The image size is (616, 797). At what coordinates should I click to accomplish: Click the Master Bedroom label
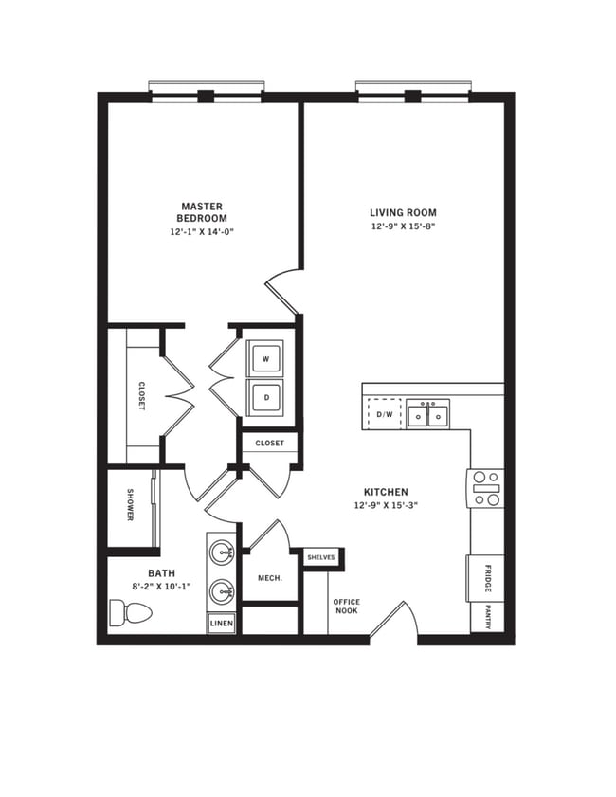click(201, 212)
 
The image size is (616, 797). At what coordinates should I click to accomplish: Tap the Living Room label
click(404, 213)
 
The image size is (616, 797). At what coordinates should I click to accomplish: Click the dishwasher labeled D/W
click(385, 414)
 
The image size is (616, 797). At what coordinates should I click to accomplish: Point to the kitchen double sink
click(427, 414)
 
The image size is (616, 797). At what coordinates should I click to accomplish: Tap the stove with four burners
click(485, 488)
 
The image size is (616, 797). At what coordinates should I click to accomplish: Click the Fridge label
click(484, 577)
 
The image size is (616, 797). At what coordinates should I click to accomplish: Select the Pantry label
click(487, 616)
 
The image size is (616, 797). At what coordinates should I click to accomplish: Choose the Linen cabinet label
click(221, 623)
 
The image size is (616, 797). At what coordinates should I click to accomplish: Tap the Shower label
click(130, 504)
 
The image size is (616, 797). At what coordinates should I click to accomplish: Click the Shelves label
click(320, 558)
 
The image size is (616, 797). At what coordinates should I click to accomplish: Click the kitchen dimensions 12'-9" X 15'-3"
click(386, 505)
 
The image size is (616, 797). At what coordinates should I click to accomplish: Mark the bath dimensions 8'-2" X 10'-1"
click(161, 586)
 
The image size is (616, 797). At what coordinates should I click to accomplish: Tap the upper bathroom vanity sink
click(223, 552)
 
